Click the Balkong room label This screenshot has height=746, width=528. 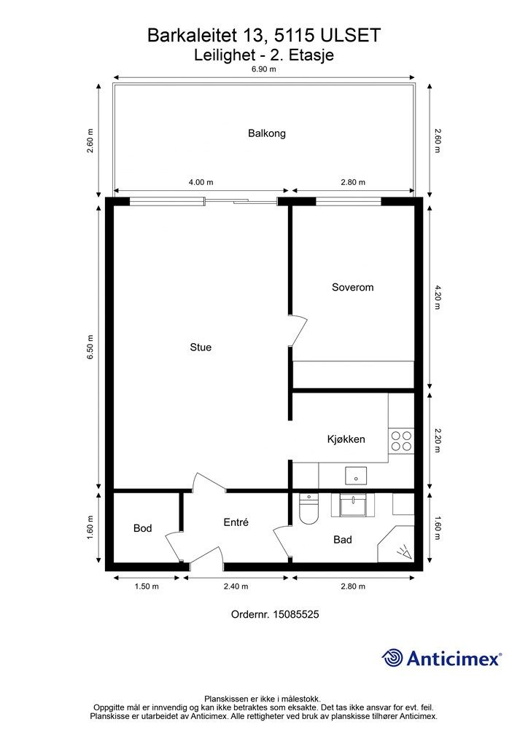click(x=267, y=133)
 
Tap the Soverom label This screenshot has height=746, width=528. click(x=353, y=287)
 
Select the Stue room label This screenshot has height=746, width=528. click(x=201, y=348)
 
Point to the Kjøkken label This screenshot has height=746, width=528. click(x=346, y=439)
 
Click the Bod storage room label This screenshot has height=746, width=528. click(x=142, y=528)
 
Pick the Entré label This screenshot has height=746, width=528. click(x=236, y=522)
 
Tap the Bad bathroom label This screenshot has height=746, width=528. click(x=343, y=540)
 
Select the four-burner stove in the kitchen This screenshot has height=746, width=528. click(x=401, y=441)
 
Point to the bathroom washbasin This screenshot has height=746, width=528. click(x=353, y=504)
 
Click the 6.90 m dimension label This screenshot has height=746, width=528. click(x=264, y=69)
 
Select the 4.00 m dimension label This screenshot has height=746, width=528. click(x=201, y=182)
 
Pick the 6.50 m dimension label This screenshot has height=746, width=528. click(x=90, y=347)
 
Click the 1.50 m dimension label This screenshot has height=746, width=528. click(x=147, y=586)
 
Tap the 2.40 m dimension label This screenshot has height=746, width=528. click(x=236, y=586)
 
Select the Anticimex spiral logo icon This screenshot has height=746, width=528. click(x=392, y=658)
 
